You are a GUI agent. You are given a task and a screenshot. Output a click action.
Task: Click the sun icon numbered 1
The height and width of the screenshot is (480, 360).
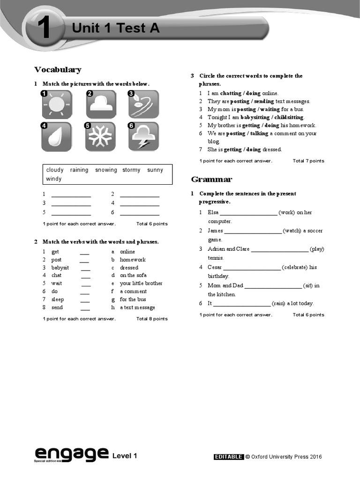[x=56, y=105]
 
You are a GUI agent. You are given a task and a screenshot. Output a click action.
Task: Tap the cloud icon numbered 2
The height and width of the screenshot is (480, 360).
[x=101, y=105]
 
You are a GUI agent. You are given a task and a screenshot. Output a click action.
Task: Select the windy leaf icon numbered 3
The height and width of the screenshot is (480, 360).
[x=143, y=105]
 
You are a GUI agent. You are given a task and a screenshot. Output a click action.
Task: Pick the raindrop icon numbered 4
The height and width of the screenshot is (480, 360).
[x=56, y=136]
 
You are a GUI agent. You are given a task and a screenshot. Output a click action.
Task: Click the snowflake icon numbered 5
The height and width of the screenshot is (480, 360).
[x=101, y=136]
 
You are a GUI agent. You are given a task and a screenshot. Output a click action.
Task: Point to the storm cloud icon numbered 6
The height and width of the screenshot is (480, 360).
[x=143, y=136]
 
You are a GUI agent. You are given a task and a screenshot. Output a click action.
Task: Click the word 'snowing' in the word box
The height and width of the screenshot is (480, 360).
[x=106, y=170]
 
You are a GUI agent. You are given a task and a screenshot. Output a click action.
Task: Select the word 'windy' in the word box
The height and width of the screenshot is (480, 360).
[x=53, y=179]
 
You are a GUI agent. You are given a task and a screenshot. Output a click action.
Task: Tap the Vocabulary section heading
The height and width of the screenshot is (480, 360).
[x=58, y=70]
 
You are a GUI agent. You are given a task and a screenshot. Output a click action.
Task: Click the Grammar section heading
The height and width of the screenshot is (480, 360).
[x=211, y=180]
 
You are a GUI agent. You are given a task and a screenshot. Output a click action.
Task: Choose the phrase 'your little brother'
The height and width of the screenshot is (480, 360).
[x=141, y=284]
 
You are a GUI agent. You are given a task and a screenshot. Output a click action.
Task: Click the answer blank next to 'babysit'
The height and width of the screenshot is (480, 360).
[x=85, y=268]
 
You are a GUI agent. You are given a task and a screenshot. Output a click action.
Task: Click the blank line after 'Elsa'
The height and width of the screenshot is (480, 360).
[x=248, y=213]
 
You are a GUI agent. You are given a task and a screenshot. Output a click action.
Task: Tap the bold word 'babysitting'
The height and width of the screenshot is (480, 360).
[x=256, y=117]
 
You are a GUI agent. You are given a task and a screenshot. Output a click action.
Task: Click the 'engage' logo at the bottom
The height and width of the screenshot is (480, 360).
[x=71, y=453]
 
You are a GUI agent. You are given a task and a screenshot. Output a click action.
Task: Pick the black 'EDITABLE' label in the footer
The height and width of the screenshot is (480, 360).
[x=228, y=457]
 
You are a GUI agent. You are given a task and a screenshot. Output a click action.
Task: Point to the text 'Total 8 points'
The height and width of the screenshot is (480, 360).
[x=152, y=319]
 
